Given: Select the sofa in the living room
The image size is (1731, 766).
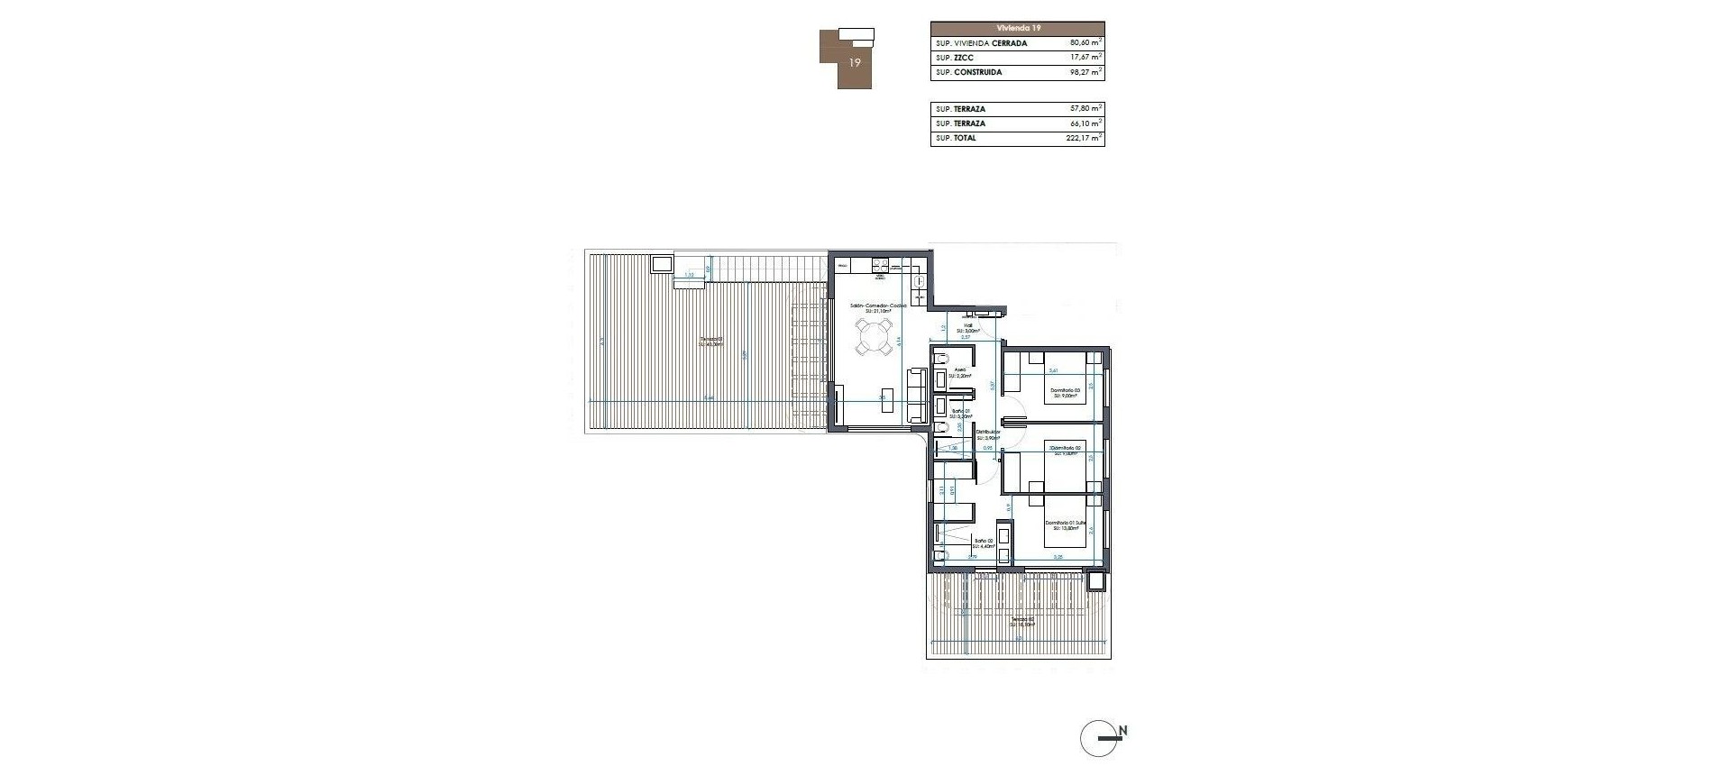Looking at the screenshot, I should (x=285, y=397).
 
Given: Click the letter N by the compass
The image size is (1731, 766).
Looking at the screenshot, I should (x=1123, y=731).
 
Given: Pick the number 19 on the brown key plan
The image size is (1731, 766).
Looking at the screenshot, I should (x=855, y=63).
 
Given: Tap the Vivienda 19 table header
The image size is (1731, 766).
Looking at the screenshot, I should (x=1017, y=28).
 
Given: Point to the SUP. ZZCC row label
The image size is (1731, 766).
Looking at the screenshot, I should (x=955, y=58).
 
